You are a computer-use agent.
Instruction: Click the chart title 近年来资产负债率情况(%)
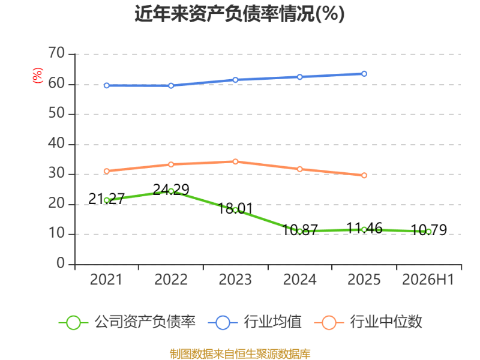pos(239,14)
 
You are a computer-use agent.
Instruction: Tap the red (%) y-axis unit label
pos(37,76)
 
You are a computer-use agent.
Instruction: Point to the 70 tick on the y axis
pos(56,53)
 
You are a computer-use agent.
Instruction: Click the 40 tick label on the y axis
pos(56,143)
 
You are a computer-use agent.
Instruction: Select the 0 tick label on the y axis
pos(61,263)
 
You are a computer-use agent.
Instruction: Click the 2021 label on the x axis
pos(106,280)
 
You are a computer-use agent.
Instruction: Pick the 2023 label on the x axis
pos(235,280)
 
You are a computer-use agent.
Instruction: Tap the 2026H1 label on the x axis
pos(428,280)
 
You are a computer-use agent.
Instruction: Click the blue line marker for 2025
pos(364,74)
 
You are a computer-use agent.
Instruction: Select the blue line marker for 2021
pos(107,85)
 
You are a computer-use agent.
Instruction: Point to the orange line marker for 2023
pos(235,161)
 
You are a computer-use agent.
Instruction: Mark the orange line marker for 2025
pos(364,175)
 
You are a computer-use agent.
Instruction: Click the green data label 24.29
pos(171,190)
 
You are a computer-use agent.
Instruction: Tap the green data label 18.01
pos(235,209)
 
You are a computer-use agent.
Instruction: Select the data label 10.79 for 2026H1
pos(428,230)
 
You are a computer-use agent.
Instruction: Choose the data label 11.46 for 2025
pos(364,229)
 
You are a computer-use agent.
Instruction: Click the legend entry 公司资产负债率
pos(127,322)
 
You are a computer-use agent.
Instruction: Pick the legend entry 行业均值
pos(254,322)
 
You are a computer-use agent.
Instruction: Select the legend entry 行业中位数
pos(368,322)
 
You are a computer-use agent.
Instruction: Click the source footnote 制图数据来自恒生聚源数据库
pos(240,354)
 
